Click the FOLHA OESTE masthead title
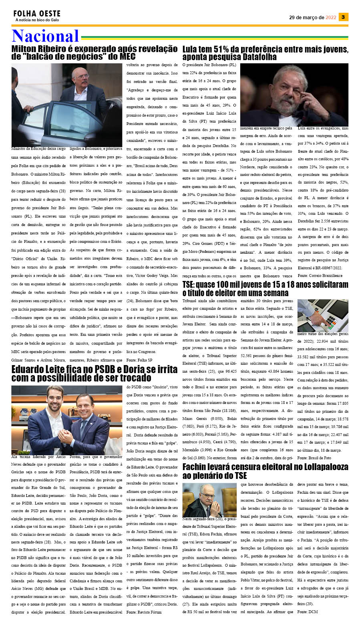(x=37, y=14)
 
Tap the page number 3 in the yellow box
(x=343, y=17)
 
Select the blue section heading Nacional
(x=45, y=36)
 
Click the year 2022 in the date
(x=331, y=17)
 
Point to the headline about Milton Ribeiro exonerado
(x=94, y=52)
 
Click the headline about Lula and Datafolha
(x=265, y=53)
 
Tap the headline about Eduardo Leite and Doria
(x=94, y=374)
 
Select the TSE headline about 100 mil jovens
(x=265, y=289)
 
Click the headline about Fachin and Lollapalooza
(x=265, y=471)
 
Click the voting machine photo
(x=322, y=315)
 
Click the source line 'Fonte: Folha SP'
(x=139, y=360)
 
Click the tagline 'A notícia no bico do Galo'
(x=37, y=20)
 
